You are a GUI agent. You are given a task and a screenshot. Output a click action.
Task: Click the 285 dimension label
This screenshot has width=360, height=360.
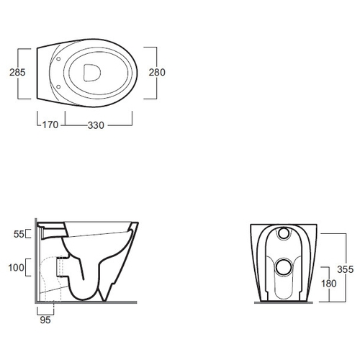coord(17,72)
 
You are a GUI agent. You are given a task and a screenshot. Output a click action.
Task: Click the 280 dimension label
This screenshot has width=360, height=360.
coord(157,72)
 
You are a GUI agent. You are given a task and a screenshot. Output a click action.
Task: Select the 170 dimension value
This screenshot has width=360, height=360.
coord(50,125)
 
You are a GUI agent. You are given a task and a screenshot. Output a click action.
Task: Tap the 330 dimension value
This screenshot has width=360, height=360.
coord(96,125)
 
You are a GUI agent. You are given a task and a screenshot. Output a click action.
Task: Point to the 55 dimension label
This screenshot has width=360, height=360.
coord(19,234)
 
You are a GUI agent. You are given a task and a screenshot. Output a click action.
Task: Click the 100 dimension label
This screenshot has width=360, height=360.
coord(17,267)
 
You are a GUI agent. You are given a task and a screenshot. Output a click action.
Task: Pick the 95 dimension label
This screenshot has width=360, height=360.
coord(45,320)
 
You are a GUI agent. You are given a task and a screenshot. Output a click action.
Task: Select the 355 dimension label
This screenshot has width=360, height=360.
coord(345,269)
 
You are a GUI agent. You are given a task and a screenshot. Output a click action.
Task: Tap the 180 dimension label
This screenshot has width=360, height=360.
coord(329,284)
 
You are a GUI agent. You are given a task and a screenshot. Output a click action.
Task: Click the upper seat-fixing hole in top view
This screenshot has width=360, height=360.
coord(58,59)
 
